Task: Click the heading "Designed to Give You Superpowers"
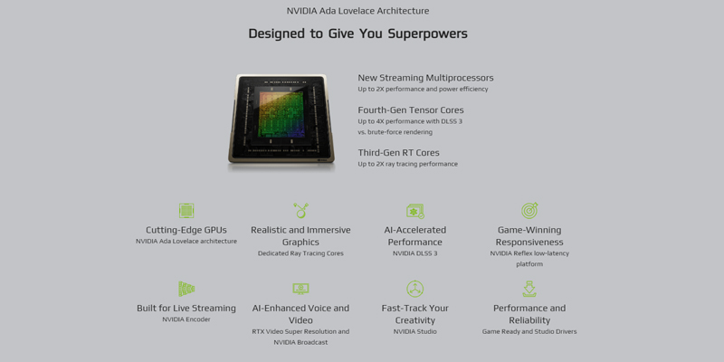coord(357,33)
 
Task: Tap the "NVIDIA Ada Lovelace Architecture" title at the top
coord(357,11)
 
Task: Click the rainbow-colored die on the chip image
coord(281,115)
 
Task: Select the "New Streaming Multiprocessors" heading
coord(425,78)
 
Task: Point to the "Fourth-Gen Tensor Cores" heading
coord(411,110)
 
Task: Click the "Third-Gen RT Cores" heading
coord(398,152)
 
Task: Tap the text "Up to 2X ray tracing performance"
coord(408,164)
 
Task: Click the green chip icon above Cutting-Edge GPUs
coord(186,211)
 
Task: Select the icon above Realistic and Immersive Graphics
coord(300,211)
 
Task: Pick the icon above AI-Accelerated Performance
coord(415,211)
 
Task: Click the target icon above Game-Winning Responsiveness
coord(529,211)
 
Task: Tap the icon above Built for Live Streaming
coord(186,289)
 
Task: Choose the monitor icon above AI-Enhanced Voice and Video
coord(300,289)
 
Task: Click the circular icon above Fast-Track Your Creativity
coord(415,289)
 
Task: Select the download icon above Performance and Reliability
coord(529,289)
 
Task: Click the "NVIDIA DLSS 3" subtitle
coord(415,253)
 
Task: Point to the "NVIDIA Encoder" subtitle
coord(186,319)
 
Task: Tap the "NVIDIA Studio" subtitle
coord(415,331)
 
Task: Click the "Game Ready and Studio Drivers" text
coord(529,331)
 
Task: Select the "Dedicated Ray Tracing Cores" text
coord(300,253)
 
